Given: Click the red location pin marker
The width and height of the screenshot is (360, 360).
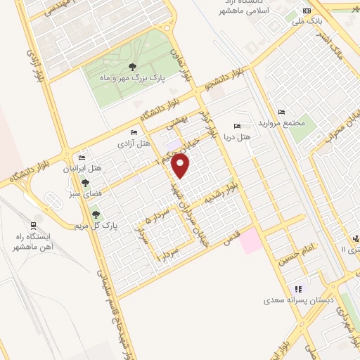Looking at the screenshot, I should [x=181, y=165].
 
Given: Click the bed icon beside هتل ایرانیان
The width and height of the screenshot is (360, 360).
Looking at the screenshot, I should [x=82, y=157].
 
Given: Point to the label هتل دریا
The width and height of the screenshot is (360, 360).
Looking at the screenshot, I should [x=237, y=136].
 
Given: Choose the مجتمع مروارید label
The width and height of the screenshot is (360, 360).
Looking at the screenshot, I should [x=281, y=122].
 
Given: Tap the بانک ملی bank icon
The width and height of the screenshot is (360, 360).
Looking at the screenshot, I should [x=306, y=11].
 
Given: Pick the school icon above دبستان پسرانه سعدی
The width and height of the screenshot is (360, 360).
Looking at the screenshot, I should [x=298, y=288].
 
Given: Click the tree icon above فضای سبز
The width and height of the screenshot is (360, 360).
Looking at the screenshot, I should [x=86, y=182].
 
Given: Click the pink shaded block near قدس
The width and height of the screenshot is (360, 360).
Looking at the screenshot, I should [x=250, y=243].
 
